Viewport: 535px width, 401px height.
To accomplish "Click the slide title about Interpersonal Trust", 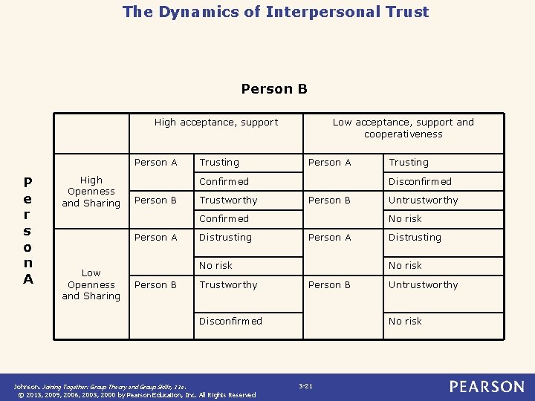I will (x=276, y=12).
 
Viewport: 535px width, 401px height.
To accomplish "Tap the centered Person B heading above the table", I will (x=274, y=89).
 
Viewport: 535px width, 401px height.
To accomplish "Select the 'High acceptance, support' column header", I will (x=215, y=123).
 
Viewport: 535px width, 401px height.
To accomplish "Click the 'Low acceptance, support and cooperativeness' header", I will (x=403, y=128).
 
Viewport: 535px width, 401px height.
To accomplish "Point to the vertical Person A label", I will (x=27, y=229).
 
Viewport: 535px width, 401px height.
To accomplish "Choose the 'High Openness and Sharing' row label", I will (x=91, y=192).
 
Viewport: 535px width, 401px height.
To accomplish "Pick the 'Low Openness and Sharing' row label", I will (x=91, y=284).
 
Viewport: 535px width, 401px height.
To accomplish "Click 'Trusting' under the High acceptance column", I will (x=219, y=163).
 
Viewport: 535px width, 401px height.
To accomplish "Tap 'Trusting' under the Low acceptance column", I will (x=409, y=163).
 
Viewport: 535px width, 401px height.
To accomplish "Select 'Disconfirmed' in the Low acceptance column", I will (x=420, y=181).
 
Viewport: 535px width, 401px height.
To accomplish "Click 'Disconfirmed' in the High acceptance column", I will (x=230, y=322).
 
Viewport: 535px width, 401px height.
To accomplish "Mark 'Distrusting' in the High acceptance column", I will (x=225, y=238).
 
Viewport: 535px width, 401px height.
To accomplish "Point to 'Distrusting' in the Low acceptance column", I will (x=415, y=238).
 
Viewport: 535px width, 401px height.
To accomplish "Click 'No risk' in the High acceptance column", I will (x=215, y=265).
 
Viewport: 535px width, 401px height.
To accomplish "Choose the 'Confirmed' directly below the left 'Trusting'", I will (x=224, y=181).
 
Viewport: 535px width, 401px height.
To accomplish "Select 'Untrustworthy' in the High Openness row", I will (x=423, y=200).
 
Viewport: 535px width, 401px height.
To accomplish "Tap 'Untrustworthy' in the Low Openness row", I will (x=423, y=285).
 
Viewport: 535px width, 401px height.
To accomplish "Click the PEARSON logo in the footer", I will (x=486, y=387).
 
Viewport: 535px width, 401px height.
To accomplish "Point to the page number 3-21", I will (x=305, y=386).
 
